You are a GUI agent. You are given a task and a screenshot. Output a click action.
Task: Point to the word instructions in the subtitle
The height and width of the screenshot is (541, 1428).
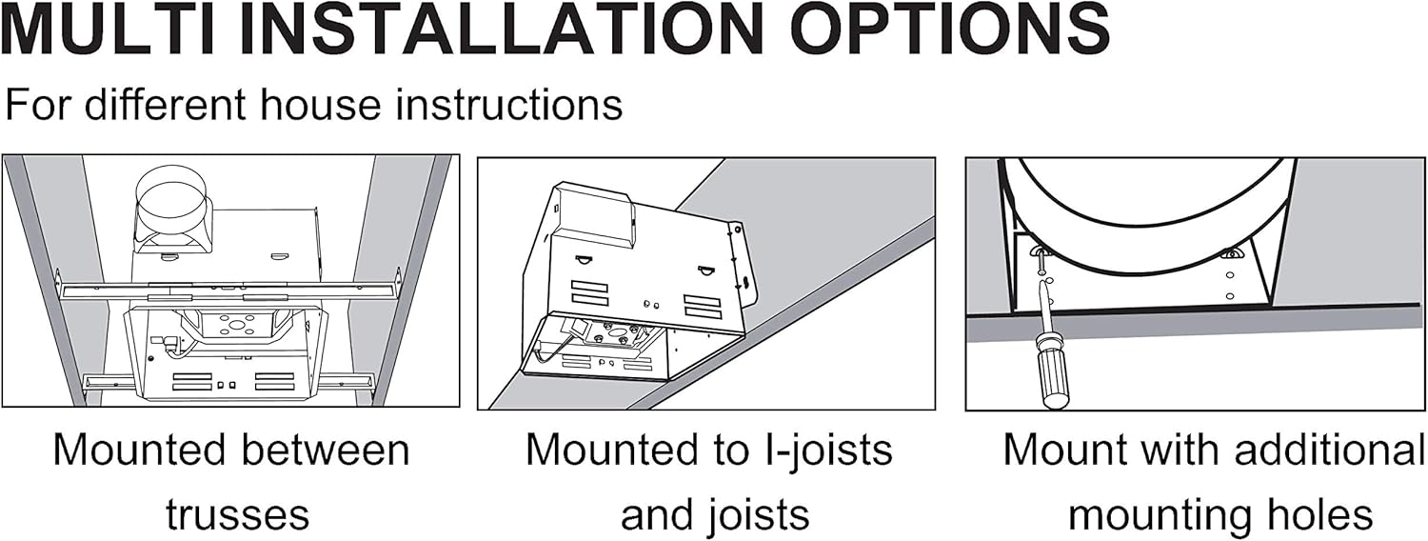508,104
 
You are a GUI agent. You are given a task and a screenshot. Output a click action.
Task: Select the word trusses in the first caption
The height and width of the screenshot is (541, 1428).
237,515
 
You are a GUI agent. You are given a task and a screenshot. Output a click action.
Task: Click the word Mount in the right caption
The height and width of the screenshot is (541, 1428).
1056,450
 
